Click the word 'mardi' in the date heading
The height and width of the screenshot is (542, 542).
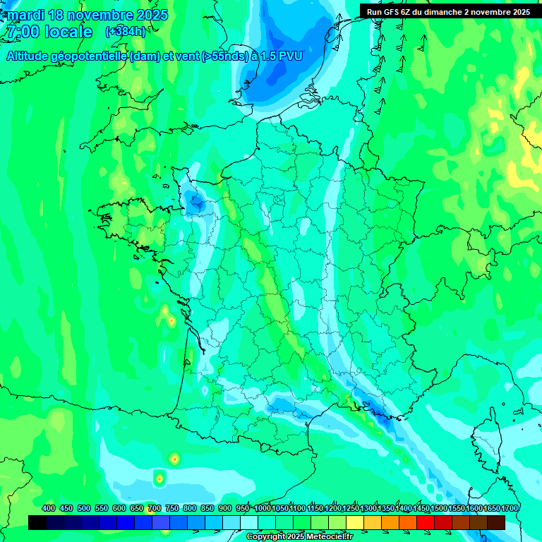tap(25, 15)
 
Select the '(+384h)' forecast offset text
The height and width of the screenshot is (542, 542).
tap(125, 32)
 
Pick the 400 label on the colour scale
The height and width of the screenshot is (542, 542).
tap(49, 509)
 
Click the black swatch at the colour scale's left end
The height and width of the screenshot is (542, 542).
tap(37, 522)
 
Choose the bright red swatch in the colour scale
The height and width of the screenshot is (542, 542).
tap(426, 522)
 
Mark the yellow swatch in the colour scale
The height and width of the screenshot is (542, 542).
tap(354, 522)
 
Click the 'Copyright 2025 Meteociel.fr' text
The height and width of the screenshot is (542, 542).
tap(299, 537)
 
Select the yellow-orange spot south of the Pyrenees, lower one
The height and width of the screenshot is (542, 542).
tap(159, 478)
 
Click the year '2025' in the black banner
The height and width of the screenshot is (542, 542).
tap(519, 12)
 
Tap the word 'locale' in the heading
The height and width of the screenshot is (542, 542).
tap(68, 32)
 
